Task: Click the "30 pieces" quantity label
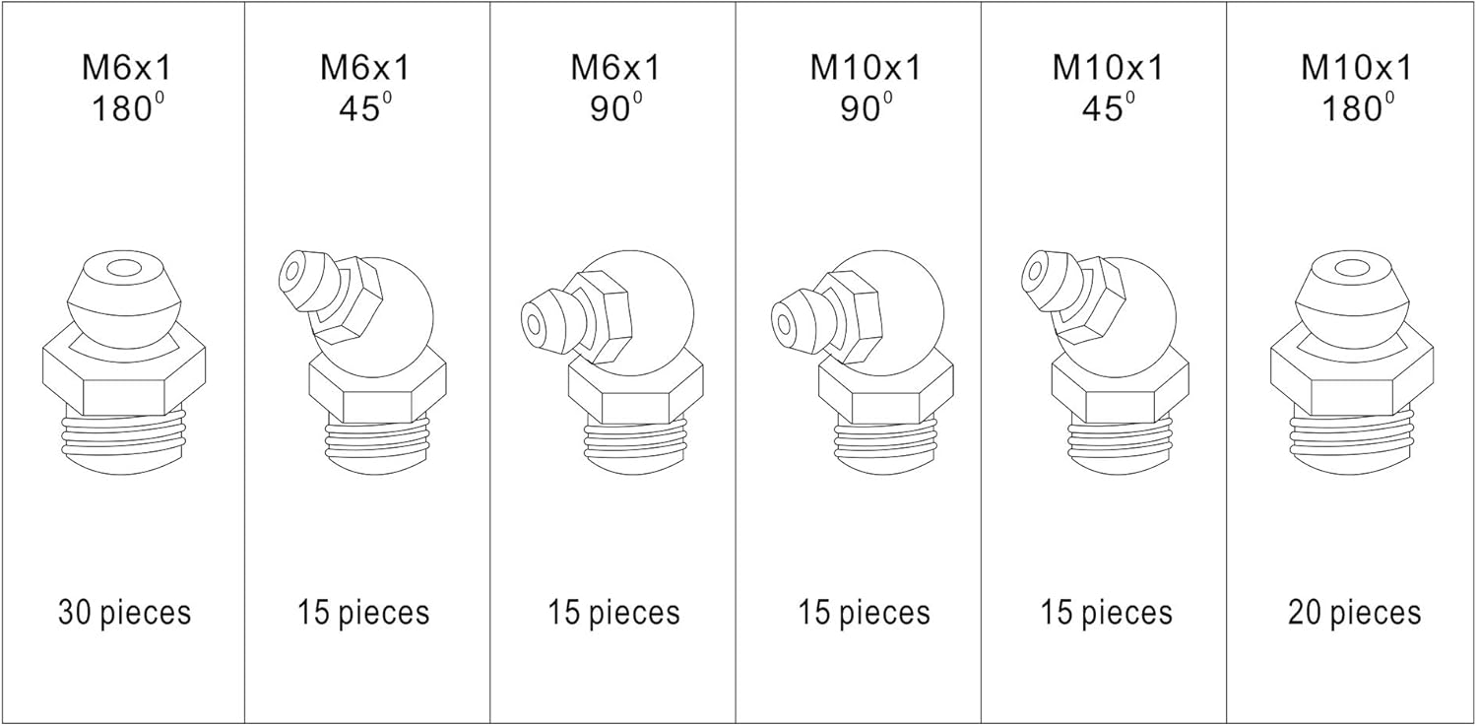click(x=124, y=613)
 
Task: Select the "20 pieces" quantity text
click(x=1354, y=613)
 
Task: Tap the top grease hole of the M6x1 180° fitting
click(x=124, y=268)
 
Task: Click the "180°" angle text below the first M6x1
click(x=124, y=108)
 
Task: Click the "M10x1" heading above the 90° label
click(x=866, y=67)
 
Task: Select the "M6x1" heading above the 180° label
click(x=124, y=67)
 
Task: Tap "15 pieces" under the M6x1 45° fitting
click(x=363, y=613)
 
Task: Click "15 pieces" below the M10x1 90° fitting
click(x=864, y=613)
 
